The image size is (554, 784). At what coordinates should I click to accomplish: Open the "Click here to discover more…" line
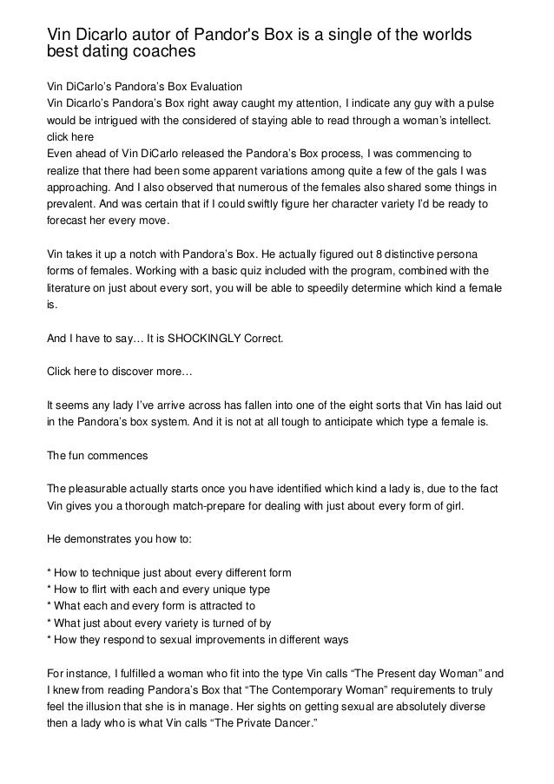click(x=111, y=371)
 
